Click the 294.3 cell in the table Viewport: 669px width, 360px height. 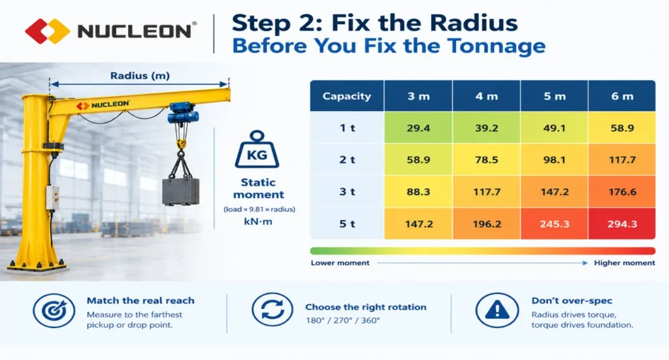pos(622,223)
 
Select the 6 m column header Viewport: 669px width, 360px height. pos(622,96)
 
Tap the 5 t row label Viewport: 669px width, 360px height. pos(347,223)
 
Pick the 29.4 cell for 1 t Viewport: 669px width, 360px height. pos(418,127)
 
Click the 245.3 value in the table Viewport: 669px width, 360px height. pos(554,223)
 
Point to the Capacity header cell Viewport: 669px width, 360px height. pos(347,96)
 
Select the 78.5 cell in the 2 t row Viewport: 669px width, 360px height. pos(486,159)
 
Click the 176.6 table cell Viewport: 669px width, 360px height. pos(622,191)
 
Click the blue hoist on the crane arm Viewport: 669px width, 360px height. pos(184,113)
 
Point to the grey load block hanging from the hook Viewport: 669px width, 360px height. pos(181,191)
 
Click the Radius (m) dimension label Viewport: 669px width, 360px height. pos(140,76)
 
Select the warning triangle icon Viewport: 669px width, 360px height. pos(497,310)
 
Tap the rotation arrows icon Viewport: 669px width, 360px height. pos(272,309)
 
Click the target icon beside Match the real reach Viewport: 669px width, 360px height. pos(54,310)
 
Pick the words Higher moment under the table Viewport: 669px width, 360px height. pos(624,263)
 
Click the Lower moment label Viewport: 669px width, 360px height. pos(340,263)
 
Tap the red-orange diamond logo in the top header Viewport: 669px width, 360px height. pos(47,31)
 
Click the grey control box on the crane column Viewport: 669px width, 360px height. pos(52,197)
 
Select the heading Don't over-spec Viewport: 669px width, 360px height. pos(572,301)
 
